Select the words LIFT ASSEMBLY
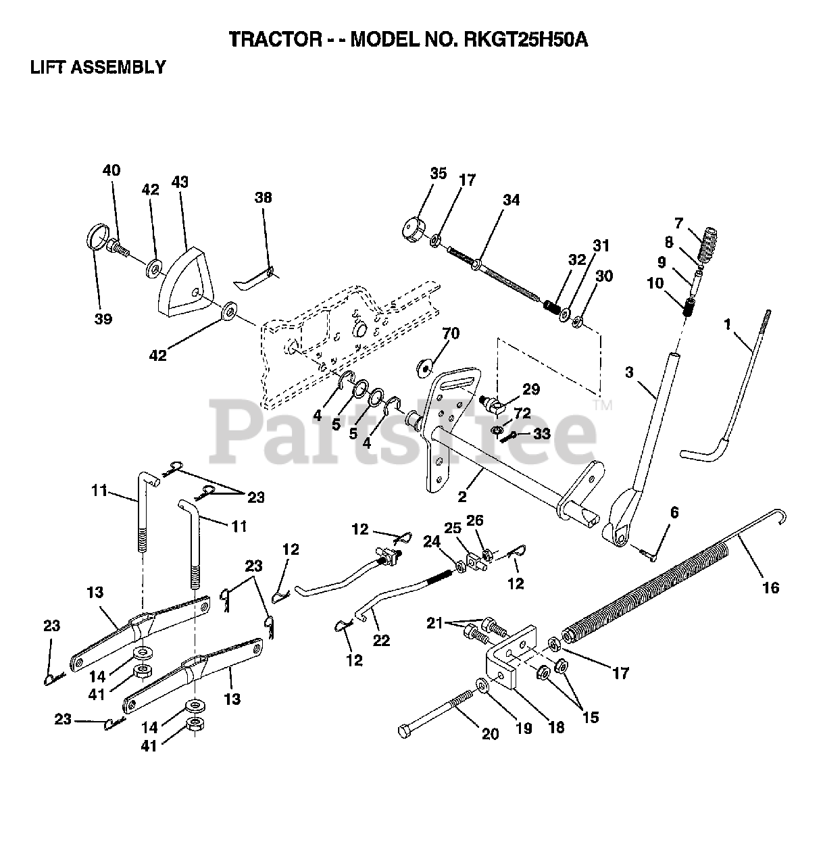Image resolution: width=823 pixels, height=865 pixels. click(98, 67)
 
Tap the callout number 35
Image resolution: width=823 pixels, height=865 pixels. click(438, 174)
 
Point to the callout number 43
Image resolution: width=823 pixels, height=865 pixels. click(180, 182)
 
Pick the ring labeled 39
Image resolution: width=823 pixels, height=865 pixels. click(99, 239)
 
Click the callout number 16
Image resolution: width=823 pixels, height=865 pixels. click(771, 587)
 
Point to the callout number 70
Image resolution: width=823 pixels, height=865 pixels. click(451, 333)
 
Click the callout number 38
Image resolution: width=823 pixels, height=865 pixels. click(263, 197)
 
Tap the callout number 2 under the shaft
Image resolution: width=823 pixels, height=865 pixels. click(462, 497)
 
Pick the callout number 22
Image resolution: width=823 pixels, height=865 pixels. click(381, 640)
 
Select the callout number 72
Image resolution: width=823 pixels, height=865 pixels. click(522, 412)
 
